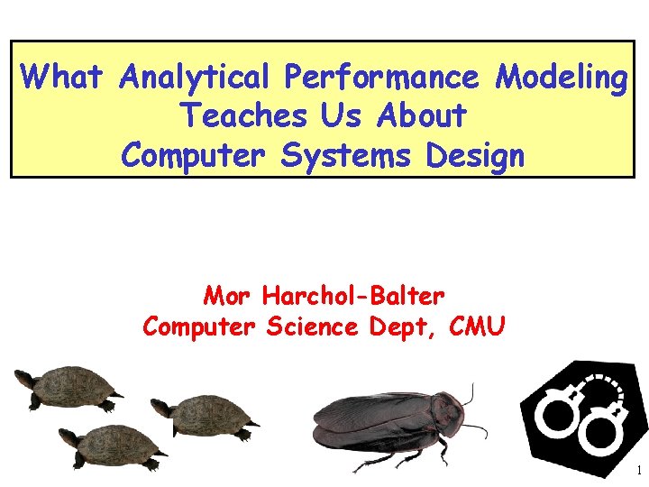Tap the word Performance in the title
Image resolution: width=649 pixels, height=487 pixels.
(384, 78)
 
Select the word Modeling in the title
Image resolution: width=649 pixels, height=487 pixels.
(561, 78)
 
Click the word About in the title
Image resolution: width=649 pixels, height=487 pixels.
(422, 116)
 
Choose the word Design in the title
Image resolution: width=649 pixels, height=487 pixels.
(479, 155)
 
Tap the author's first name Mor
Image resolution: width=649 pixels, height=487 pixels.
(228, 295)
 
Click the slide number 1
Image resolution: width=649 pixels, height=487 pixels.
(637, 470)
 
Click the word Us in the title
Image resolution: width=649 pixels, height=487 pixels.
(350, 116)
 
